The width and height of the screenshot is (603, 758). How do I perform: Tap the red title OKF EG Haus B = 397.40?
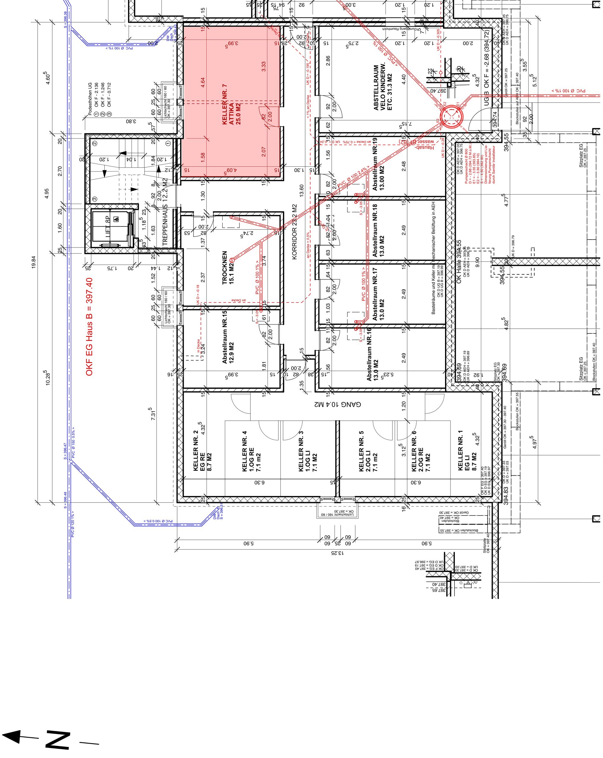coord(89,327)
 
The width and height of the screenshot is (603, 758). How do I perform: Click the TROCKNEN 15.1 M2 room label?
coord(228,268)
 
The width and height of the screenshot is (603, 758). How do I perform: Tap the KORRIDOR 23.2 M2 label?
coord(295,232)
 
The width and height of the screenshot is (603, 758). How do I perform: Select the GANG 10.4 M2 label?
coord(338,404)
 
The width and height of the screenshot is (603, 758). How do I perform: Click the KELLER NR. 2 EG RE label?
coord(202,451)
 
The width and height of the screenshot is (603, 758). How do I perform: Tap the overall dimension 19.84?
coord(33,262)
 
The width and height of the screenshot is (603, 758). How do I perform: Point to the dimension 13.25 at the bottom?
coord(337,553)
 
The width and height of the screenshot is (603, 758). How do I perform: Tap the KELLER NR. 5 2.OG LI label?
coord(368,451)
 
